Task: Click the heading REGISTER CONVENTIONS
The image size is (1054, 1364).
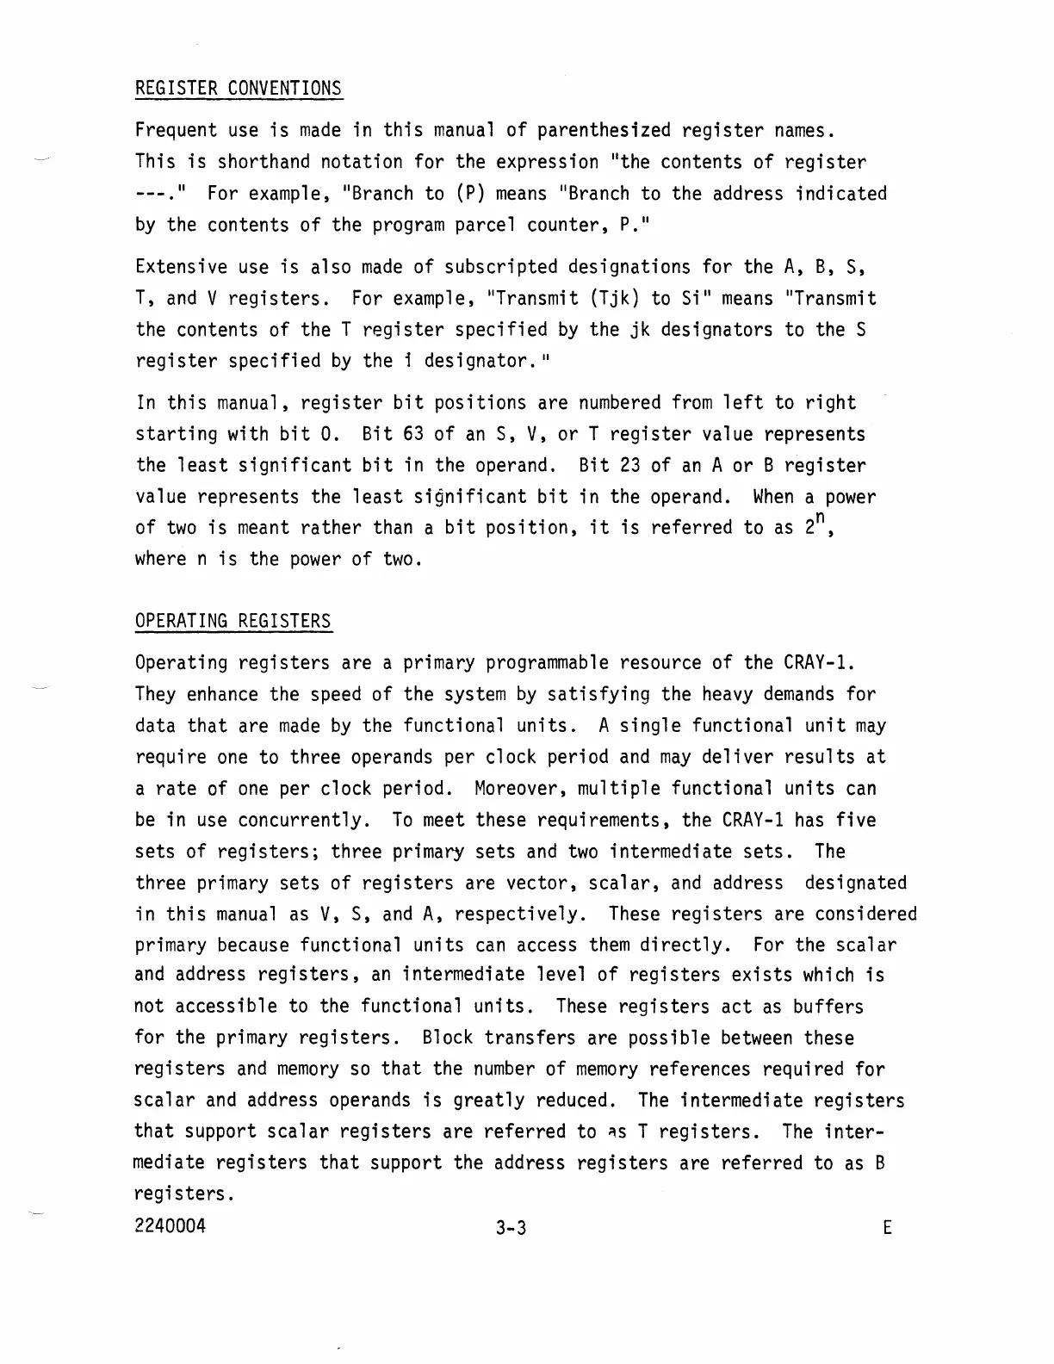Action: click(239, 89)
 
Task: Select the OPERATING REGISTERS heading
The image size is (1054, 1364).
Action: click(232, 622)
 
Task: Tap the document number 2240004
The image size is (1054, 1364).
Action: click(170, 1226)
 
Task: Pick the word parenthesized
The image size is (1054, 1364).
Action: click(603, 131)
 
